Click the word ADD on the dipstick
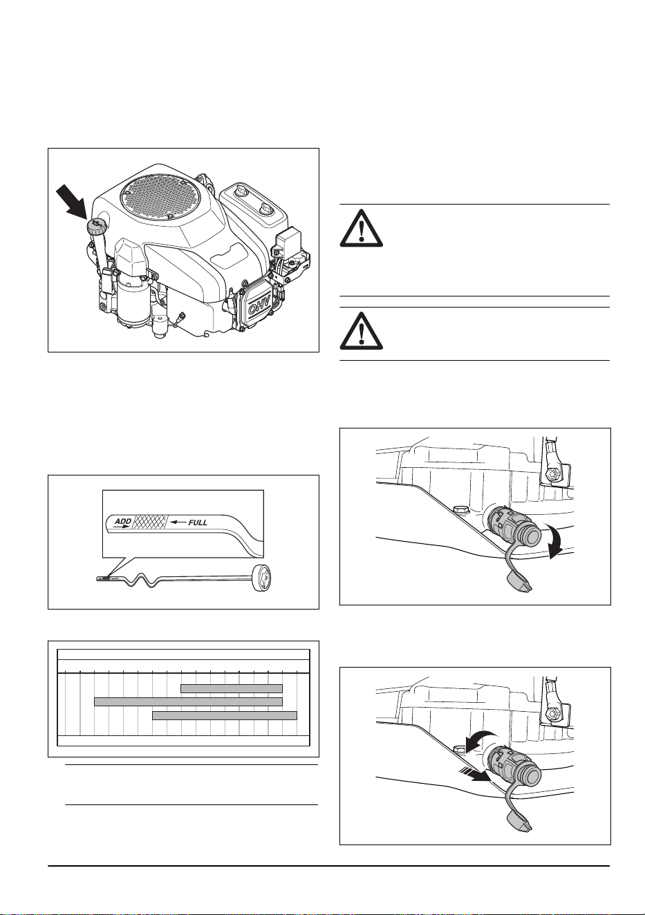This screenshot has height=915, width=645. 122,522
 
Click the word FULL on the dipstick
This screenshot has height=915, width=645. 198,522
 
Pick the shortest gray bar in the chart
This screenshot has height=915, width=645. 232,688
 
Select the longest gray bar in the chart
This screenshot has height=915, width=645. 189,701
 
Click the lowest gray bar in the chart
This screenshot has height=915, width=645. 225,715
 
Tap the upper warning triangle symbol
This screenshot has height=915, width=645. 362,228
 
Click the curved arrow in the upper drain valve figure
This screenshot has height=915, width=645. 557,541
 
